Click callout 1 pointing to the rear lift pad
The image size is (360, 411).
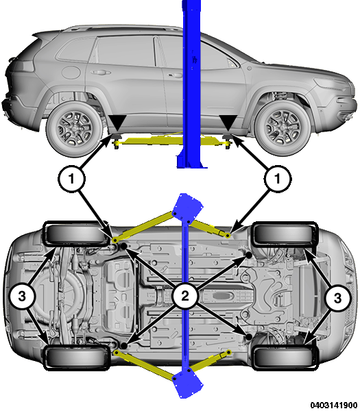click(71, 179)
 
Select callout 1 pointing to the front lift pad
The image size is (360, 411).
click(278, 179)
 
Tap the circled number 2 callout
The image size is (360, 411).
click(185, 296)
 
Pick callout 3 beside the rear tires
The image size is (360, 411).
click(22, 297)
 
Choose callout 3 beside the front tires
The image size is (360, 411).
click(337, 298)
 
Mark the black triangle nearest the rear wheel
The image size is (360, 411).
click(117, 123)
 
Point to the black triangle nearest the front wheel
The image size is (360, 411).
click(228, 123)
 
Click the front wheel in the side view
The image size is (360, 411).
click(282, 128)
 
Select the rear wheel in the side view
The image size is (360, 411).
click(74, 129)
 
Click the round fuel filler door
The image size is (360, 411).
click(71, 72)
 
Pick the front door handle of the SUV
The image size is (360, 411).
click(175, 75)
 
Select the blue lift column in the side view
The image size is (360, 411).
click(191, 84)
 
